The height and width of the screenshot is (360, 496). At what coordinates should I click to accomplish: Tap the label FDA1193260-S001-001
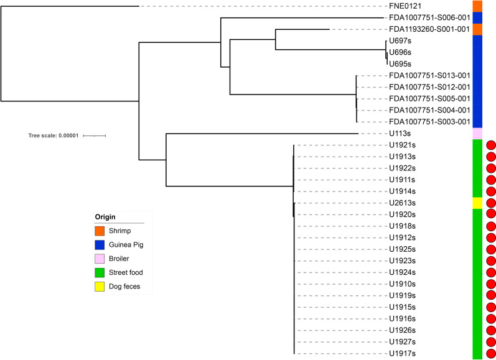click(428, 29)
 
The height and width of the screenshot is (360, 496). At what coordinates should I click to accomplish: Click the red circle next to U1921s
click(490, 145)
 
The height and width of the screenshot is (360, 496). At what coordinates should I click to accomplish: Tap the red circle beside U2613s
click(490, 203)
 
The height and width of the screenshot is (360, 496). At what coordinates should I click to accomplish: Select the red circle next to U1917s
click(490, 354)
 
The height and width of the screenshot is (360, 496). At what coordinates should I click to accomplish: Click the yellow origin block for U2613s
click(477, 203)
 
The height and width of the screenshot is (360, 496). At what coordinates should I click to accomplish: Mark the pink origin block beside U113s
click(477, 134)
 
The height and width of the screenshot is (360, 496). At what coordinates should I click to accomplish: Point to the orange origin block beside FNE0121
click(477, 6)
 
